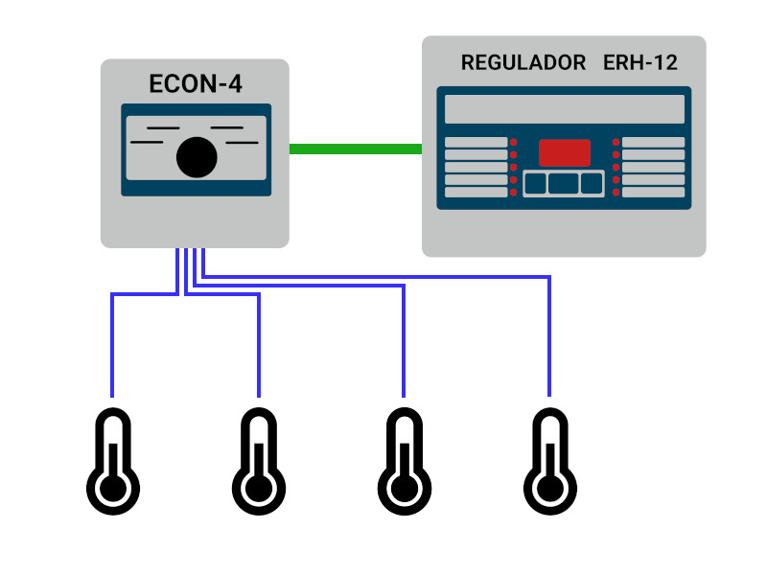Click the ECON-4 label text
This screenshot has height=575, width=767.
[196, 84]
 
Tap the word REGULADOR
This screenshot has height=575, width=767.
[523, 63]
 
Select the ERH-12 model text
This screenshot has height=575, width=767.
[640, 63]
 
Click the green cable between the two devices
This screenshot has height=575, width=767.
[355, 149]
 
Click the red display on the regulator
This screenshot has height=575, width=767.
[565, 153]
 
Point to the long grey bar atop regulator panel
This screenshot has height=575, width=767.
[565, 108]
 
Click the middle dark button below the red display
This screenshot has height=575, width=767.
[565, 183]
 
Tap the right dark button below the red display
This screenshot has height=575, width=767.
[592, 183]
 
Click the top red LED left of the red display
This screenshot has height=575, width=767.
[514, 143]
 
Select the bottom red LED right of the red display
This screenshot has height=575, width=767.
[616, 193]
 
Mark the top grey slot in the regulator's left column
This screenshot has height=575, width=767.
[476, 143]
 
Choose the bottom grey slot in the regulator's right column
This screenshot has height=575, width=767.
[654, 193]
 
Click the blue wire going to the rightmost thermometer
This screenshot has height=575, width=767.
[549, 335]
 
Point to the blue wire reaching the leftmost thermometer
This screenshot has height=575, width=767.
[113, 345]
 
